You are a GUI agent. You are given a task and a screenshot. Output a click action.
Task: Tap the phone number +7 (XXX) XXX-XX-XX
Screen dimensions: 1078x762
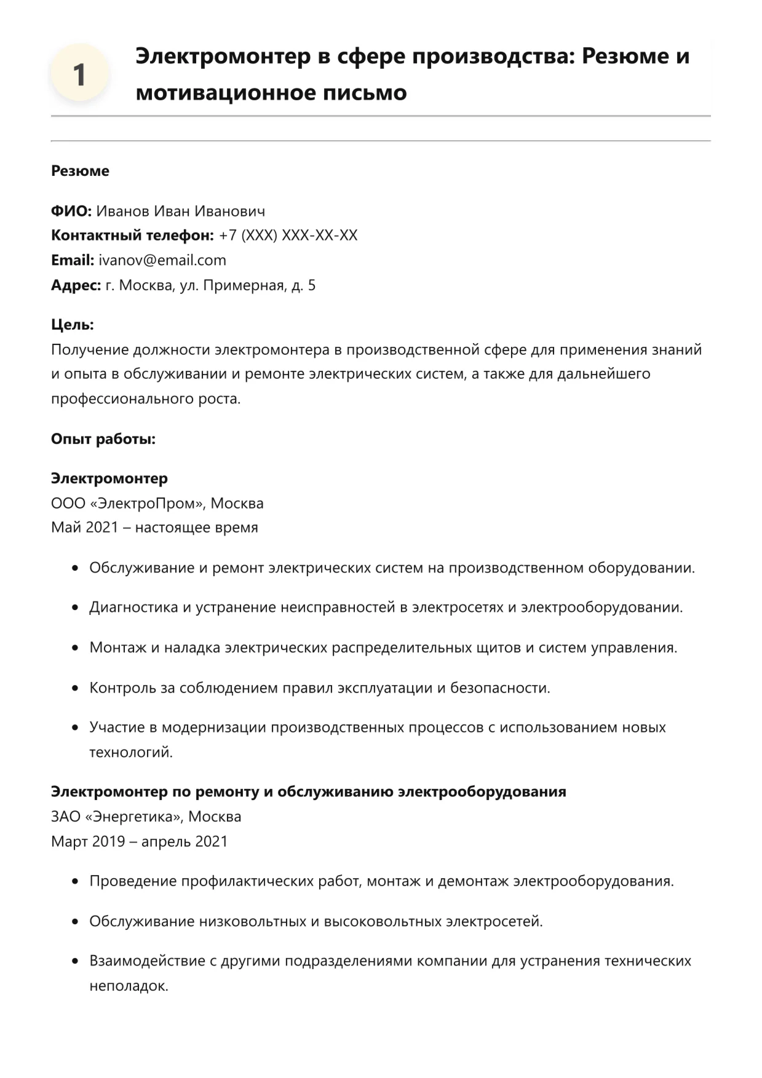point(288,236)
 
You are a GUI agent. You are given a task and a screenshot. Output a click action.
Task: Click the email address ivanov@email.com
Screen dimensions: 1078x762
point(162,260)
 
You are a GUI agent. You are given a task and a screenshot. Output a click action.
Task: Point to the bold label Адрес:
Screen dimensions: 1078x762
point(76,285)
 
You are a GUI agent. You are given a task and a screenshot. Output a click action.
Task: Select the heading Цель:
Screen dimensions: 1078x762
point(73,325)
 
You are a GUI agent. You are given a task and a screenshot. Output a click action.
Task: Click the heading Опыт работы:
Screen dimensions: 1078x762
point(103,439)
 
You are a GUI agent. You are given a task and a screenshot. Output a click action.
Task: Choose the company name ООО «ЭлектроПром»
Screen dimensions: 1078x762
point(128,503)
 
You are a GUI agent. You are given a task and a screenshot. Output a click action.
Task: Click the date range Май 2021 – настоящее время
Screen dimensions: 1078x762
point(154,528)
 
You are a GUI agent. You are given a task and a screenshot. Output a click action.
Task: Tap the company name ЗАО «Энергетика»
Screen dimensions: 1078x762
point(117,817)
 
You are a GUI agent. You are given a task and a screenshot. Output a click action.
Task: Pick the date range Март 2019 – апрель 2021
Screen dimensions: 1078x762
point(139,841)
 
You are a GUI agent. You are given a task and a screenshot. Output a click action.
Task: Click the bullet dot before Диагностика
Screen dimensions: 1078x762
point(75,608)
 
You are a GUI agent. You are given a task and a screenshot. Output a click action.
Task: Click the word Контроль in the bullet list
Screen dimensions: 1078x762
point(123,688)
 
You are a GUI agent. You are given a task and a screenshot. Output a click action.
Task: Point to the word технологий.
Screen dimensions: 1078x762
point(131,752)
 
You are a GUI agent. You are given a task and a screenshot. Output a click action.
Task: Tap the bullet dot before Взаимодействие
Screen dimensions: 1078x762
point(75,961)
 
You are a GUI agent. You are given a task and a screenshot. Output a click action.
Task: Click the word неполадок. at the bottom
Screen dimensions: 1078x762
point(129,986)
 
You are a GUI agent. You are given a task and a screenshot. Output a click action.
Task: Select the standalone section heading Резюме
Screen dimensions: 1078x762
point(80,171)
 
